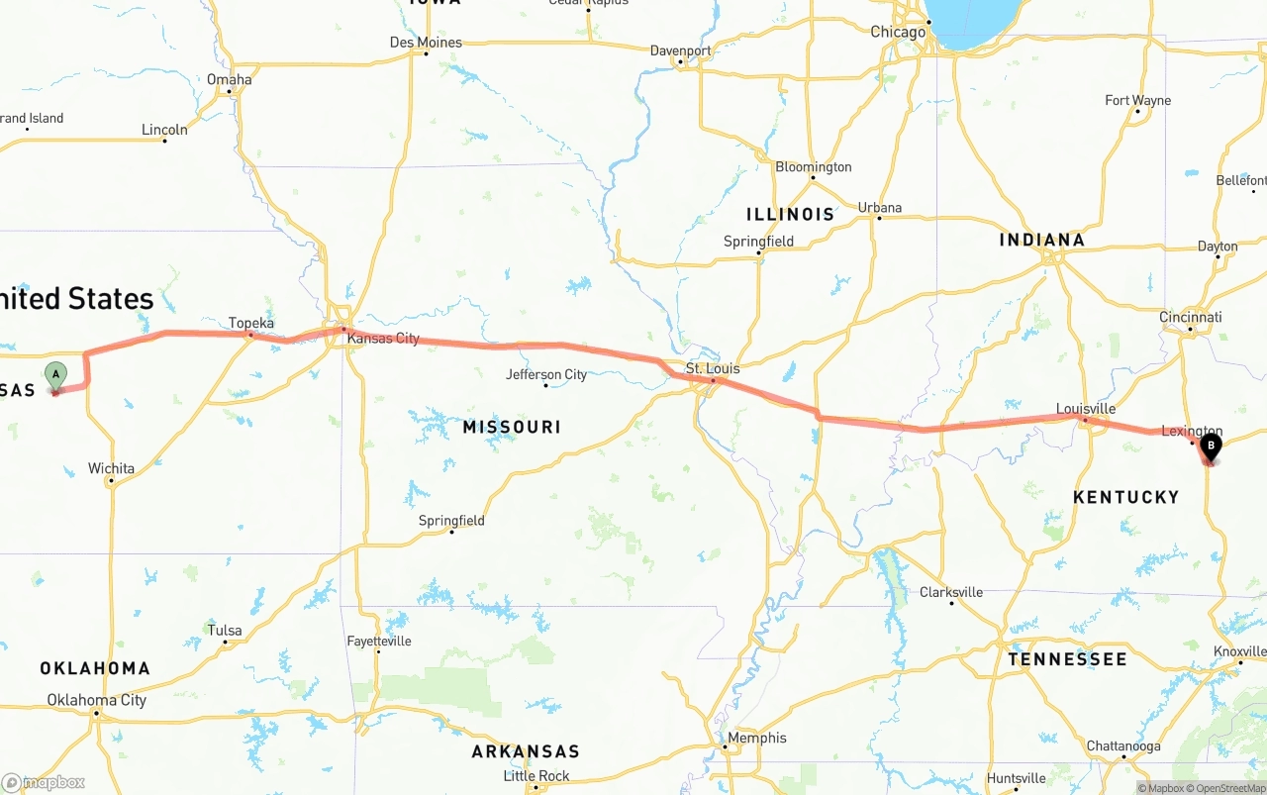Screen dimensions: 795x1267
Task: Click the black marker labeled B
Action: (x=1210, y=447)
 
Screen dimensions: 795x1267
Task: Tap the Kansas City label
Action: (x=383, y=339)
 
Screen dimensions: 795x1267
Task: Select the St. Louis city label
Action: (x=713, y=369)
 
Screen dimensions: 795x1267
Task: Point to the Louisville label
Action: (x=1086, y=409)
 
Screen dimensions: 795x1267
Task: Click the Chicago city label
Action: (x=898, y=32)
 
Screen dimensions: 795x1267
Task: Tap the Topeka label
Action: (x=250, y=323)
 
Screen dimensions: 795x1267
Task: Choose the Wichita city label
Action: (x=111, y=468)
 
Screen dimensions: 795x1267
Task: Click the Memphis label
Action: (x=757, y=738)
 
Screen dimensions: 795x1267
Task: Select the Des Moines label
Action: (x=426, y=43)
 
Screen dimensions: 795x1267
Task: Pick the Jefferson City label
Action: (x=546, y=374)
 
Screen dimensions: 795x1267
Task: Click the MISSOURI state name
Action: (x=512, y=427)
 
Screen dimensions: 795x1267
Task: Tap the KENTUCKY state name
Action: (x=1126, y=497)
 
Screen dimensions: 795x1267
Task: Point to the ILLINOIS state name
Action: (x=791, y=214)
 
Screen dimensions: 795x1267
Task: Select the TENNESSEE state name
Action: (x=1067, y=659)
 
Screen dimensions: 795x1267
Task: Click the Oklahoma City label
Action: (x=97, y=700)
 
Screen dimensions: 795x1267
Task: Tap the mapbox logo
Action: (x=45, y=782)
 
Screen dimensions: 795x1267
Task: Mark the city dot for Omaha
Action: (x=230, y=92)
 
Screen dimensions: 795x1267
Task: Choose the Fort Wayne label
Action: (x=1137, y=100)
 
